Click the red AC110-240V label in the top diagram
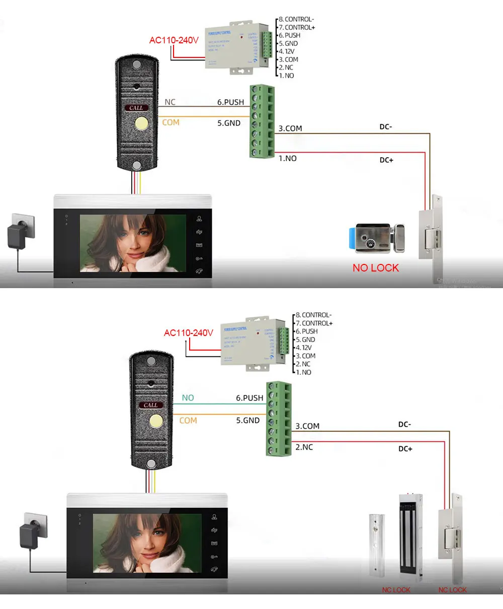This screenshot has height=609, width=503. tap(174, 40)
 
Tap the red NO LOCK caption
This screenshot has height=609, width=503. tap(375, 268)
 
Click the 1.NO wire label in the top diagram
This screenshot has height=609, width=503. tap(288, 159)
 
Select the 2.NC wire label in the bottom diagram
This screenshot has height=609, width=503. tap(304, 447)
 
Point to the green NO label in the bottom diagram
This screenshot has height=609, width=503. tap(188, 398)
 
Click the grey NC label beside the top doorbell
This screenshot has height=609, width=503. tap(170, 102)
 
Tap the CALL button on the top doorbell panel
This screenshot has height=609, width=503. tap(136, 108)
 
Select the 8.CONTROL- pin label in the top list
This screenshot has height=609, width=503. tap(296, 20)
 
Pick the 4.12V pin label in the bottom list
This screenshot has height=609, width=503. tap(303, 348)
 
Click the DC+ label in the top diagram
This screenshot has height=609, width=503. tap(386, 160)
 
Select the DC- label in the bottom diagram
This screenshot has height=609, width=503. tap(404, 425)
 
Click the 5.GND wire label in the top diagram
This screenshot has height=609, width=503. tap(229, 123)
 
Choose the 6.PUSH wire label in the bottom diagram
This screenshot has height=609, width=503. tap(249, 398)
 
